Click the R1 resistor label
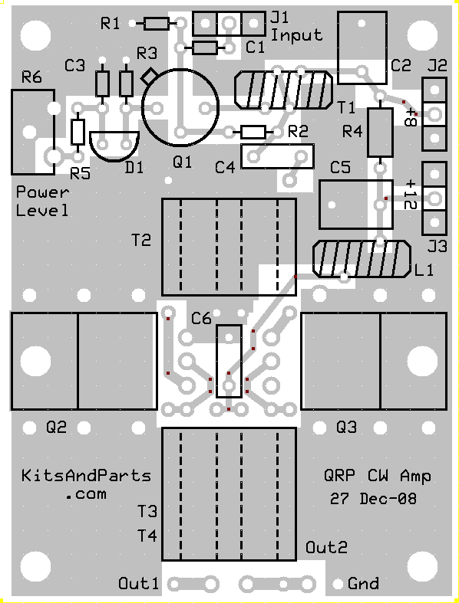click(111, 24)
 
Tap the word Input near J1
click(296, 35)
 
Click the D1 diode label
click(134, 168)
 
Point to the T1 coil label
click(346, 108)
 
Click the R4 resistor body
click(380, 133)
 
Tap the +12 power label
click(411, 194)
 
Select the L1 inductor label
click(424, 270)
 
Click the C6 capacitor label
click(201, 319)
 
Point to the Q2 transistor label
click(56, 427)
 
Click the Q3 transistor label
click(346, 427)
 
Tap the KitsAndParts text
click(86, 476)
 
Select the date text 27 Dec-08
click(373, 499)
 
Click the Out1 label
click(138, 583)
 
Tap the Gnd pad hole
click(338, 584)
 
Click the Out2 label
click(326, 547)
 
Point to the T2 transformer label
click(141, 241)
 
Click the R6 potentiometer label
click(31, 77)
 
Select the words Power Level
click(42, 202)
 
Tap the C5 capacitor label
click(340, 168)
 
